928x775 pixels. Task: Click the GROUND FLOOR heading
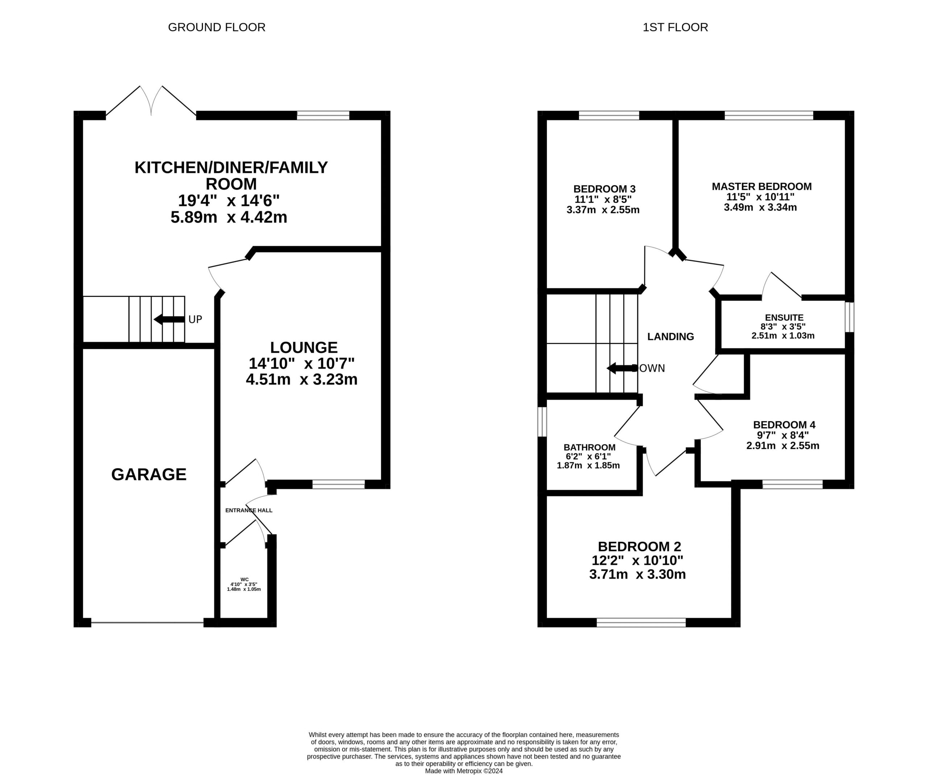point(216,28)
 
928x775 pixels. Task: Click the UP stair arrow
point(169,319)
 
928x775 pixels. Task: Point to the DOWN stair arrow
point(622,368)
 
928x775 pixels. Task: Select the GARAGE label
point(149,474)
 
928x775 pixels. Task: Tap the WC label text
point(244,579)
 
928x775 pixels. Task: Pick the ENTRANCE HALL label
point(249,510)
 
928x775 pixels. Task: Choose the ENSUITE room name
point(784,317)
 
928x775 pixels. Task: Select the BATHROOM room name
point(589,447)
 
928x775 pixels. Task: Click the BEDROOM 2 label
point(639,547)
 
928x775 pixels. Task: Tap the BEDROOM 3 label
point(605,189)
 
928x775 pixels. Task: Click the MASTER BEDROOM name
point(761,186)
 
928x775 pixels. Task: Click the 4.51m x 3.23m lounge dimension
point(301,380)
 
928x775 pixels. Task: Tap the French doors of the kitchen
point(152,101)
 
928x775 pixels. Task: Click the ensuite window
point(849,317)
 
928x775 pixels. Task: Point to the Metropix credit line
point(464,771)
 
